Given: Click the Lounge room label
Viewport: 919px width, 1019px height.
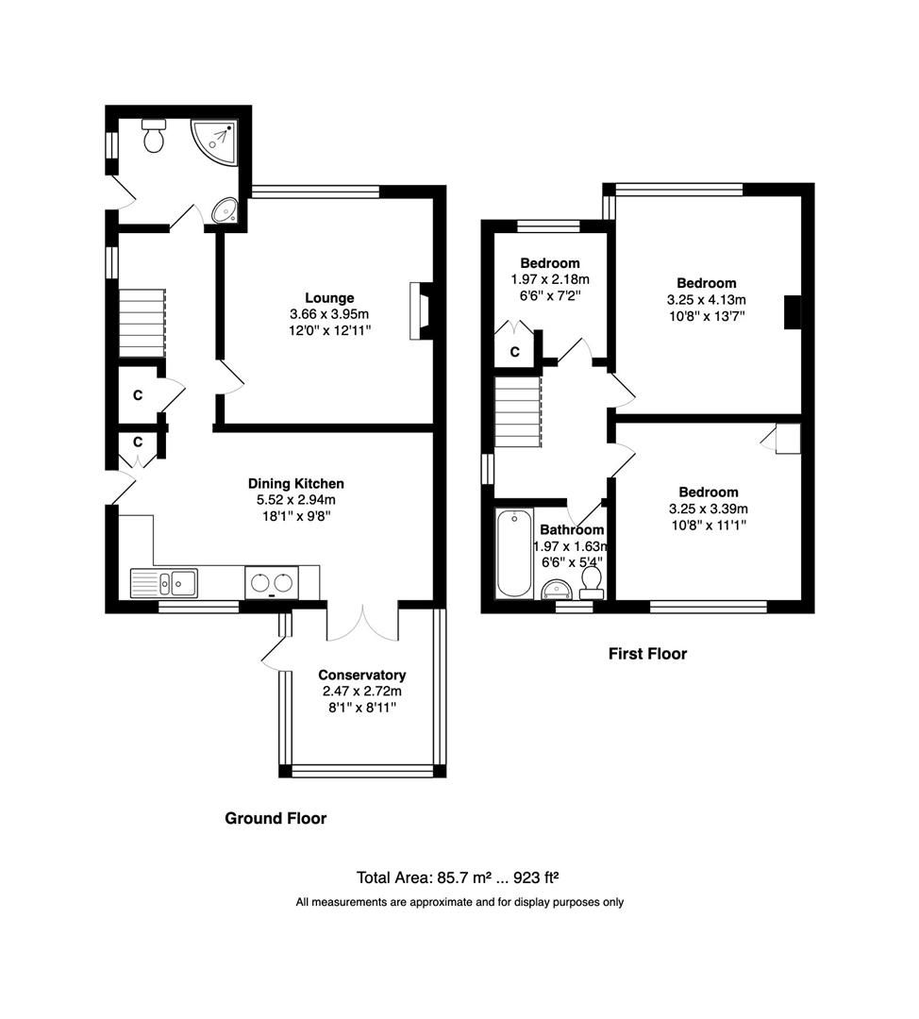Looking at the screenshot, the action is coord(329,298).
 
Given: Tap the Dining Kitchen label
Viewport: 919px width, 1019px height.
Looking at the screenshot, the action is coord(295,483).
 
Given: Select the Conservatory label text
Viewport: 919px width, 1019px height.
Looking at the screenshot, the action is coord(362,676).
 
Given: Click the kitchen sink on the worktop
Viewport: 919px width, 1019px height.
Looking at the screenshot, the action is coord(164,583).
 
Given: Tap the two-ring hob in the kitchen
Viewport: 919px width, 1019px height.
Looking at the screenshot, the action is coord(273,582).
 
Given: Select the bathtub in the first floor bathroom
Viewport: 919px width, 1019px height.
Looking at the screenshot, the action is coord(513,554).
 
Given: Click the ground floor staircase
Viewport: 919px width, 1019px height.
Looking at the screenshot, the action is coord(142,323).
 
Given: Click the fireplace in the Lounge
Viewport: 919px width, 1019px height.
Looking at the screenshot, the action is coord(420,310).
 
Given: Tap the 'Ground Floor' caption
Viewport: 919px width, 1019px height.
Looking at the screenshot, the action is coord(276,818).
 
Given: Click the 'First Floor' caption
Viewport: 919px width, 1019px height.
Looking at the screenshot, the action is coord(647,654).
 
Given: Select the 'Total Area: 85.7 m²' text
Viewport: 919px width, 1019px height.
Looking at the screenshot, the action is coord(423,877).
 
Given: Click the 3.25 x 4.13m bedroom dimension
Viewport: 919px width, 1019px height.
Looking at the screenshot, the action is coord(707,300).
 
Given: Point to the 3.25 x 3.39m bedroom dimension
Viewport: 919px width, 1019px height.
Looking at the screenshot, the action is coord(709,509).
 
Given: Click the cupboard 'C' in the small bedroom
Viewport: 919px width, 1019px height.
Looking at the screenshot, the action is coord(515,352).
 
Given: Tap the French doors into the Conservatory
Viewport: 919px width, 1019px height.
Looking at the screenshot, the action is coord(362,623).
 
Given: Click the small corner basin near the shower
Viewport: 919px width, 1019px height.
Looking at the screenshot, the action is coord(226,209).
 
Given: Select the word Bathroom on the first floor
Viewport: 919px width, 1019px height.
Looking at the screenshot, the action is coord(572,529).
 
